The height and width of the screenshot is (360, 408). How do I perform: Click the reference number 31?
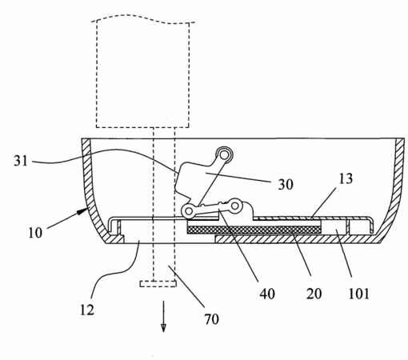point(21,161)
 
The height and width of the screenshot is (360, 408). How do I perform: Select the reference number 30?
point(286,184)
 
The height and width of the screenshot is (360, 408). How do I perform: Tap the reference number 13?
point(346,178)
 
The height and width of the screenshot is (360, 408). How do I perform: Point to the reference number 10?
point(35,233)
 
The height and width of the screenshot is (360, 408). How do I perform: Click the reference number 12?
point(87,310)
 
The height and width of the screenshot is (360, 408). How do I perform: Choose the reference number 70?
point(212,319)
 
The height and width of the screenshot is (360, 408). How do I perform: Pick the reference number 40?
point(267,294)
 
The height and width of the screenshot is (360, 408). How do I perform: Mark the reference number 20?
point(314,294)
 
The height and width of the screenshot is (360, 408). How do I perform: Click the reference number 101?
point(359,294)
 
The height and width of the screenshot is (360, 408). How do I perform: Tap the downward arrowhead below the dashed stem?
point(163,328)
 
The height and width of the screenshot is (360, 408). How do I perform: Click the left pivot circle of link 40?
point(189,211)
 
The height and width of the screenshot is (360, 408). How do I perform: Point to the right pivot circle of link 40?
point(235,206)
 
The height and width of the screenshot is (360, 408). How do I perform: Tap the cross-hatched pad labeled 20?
point(254,230)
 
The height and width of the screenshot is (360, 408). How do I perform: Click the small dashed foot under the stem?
point(158,283)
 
